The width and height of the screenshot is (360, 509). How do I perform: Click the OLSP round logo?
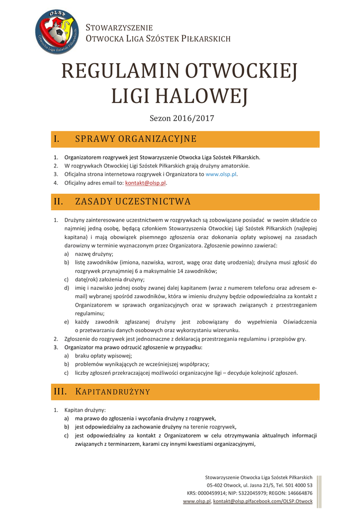click(57, 32)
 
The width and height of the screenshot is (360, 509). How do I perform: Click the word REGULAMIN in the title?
click(120, 73)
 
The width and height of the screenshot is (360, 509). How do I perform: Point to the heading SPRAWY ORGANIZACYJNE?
click(135, 139)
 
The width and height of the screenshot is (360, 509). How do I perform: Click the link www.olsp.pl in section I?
click(221, 174)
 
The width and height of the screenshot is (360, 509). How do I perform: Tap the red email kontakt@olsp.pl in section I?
click(145, 183)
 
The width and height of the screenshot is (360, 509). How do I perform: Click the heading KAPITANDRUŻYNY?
click(112, 392)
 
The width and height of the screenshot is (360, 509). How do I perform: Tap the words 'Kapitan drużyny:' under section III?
click(85, 410)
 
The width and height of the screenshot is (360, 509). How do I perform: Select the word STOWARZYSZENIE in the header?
click(119, 27)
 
